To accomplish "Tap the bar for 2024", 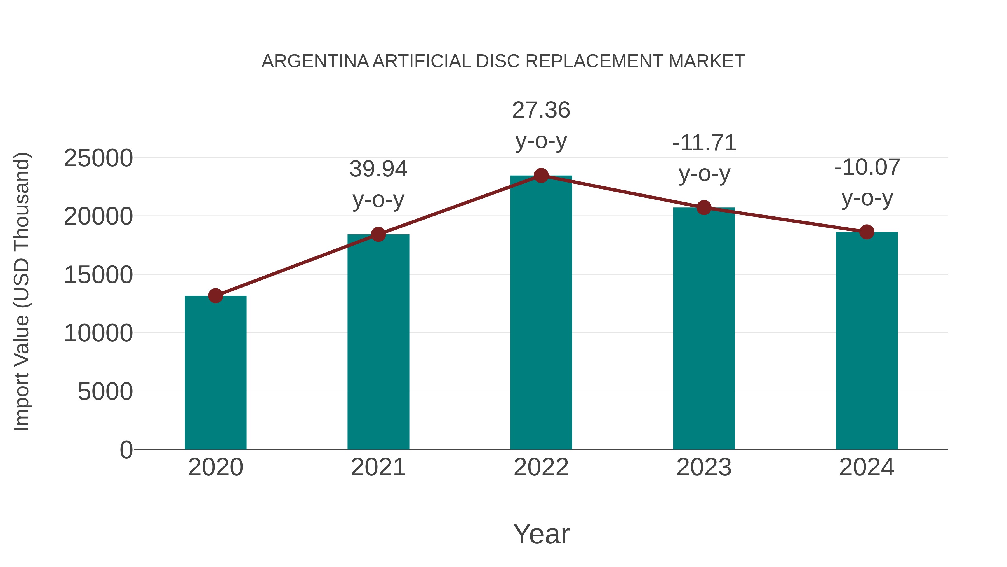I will pyautogui.click(x=867, y=340).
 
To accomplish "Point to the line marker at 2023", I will pyautogui.click(x=704, y=208).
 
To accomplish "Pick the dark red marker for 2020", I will pyautogui.click(x=215, y=296).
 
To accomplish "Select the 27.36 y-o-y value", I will pyautogui.click(x=541, y=110).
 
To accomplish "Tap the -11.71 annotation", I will pyautogui.click(x=704, y=143).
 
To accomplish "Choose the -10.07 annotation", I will pyautogui.click(x=867, y=167).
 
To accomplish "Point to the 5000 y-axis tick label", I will pyautogui.click(x=105, y=391).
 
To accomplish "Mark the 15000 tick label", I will pyautogui.click(x=98, y=275).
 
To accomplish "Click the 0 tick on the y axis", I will pyautogui.click(x=126, y=450).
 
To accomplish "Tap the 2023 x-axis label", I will pyautogui.click(x=704, y=467).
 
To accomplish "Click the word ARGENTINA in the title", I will pyautogui.click(x=315, y=61).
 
